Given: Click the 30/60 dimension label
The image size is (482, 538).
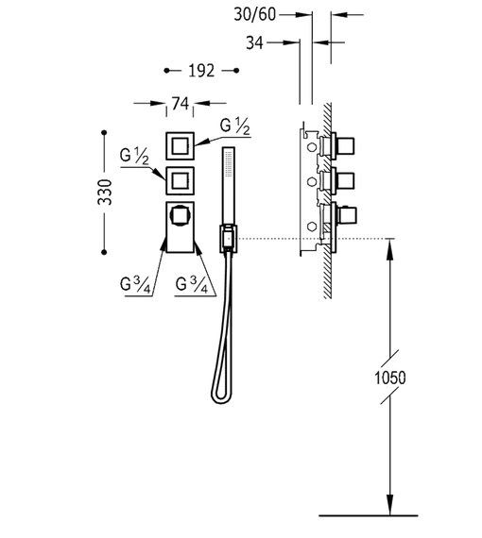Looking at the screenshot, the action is (254, 14).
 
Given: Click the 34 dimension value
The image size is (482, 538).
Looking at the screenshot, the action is (254, 42).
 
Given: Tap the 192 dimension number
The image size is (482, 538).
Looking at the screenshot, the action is (201, 71).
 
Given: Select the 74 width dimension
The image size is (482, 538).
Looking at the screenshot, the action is (181, 103).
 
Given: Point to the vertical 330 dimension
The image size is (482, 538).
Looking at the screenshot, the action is (105, 192).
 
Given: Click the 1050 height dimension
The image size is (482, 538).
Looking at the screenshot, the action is (390, 378).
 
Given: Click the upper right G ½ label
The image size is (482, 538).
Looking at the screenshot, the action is (235, 126).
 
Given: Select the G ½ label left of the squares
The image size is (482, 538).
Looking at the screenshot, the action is (134, 156).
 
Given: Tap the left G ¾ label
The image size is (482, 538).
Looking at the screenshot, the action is (135, 285).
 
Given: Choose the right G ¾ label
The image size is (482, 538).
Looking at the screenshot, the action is (192, 285).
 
